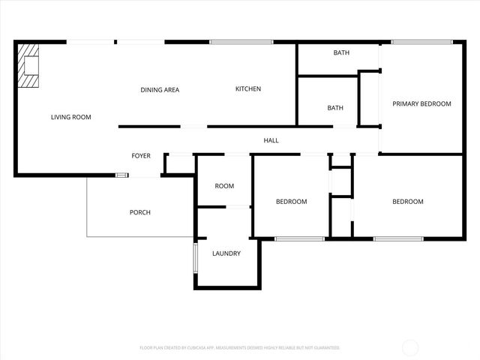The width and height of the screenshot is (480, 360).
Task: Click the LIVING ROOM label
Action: coord(71,117)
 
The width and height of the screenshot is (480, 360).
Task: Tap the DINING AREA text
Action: coord(160,90)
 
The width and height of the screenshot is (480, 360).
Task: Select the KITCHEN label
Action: coord(248,89)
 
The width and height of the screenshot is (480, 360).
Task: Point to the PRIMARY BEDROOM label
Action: coord(422,103)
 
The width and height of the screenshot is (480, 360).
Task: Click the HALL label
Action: coord(271,140)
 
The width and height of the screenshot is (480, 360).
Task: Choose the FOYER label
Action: coord(141,156)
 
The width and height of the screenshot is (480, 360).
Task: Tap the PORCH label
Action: coord(140,212)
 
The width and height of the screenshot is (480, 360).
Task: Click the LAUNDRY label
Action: coord(226,253)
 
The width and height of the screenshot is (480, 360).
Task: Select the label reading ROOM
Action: coord(224,186)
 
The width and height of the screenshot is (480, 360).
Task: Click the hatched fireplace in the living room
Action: coord(29,65)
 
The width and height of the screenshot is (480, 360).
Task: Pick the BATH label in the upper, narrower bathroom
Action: coord(341,52)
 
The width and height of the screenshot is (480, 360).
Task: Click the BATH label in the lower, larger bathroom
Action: coord(335,108)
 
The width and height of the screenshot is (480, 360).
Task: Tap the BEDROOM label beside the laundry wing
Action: coord(291,201)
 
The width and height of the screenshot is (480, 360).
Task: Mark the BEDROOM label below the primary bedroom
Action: coord(408,201)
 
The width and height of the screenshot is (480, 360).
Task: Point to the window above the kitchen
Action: coord(240,42)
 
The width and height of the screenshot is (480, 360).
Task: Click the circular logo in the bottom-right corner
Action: coord(410,346)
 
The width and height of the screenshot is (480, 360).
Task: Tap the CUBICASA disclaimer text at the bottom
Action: coord(240,348)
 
